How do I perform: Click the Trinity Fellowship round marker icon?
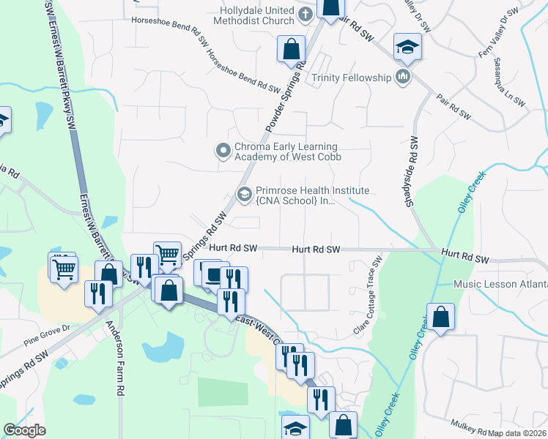point(402,77)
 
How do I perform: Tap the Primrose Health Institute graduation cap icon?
point(244,194)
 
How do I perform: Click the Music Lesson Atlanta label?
point(500,284)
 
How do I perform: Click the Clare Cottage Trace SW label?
point(369,296)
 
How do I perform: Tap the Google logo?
point(24,430)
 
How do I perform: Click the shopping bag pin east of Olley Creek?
point(443,318)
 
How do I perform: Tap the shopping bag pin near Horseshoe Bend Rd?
point(291,50)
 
